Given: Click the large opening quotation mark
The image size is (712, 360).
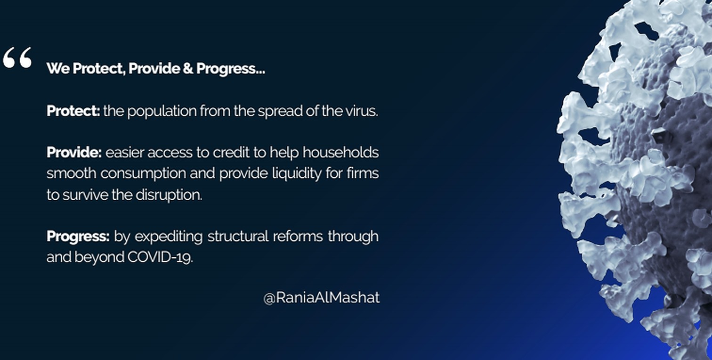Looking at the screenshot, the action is (x=17, y=57).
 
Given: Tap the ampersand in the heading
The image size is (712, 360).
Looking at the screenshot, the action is (x=188, y=68).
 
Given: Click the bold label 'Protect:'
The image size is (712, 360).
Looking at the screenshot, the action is (x=73, y=111).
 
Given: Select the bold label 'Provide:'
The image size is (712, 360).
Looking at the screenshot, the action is (x=74, y=152).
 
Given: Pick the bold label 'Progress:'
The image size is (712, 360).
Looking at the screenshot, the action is (x=78, y=237).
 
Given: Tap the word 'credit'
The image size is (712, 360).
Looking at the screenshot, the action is (x=231, y=152).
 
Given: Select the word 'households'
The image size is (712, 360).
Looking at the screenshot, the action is (x=340, y=152).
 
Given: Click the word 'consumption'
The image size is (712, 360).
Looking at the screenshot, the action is (x=143, y=174).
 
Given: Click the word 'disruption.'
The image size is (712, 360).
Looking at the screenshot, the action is (x=169, y=195).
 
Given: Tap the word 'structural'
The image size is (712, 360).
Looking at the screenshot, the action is (x=238, y=236).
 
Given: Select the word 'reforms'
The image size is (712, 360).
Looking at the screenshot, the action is (x=298, y=236).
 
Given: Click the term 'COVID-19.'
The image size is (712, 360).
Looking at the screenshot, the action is (x=160, y=257).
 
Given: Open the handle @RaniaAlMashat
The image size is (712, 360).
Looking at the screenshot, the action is (x=321, y=298).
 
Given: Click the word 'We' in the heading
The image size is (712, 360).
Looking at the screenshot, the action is (x=58, y=68).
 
